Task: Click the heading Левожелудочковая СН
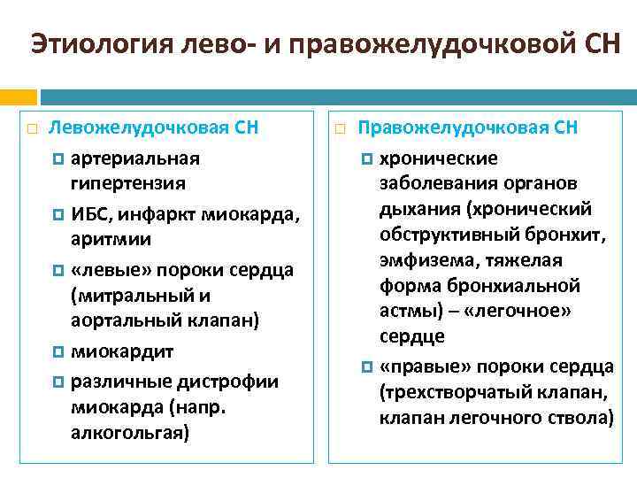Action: (x=153, y=127)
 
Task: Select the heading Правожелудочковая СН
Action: (x=467, y=127)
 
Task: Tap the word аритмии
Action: (x=111, y=239)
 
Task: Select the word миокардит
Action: (x=122, y=351)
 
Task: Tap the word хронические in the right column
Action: (x=439, y=158)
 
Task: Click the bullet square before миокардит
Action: (x=58, y=351)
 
